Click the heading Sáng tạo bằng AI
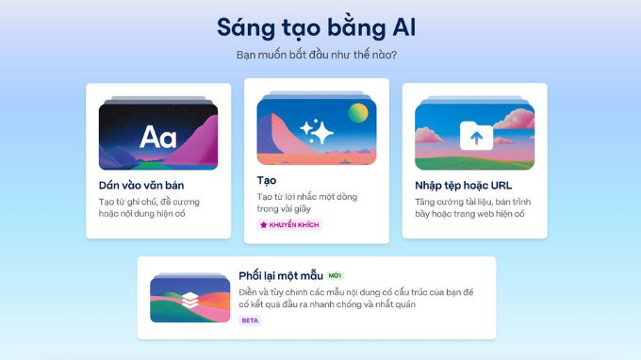pyautogui.click(x=316, y=26)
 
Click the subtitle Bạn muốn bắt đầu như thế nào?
pyautogui.click(x=316, y=55)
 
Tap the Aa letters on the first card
pyautogui.click(x=158, y=138)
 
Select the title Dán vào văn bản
pyautogui.click(x=142, y=185)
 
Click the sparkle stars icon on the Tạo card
pyautogui.click(x=317, y=132)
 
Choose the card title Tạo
pyautogui.click(x=267, y=179)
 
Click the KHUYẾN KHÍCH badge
pyautogui.click(x=289, y=225)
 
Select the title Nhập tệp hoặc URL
pyautogui.click(x=463, y=185)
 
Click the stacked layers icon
pyautogui.click(x=189, y=300)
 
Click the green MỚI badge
pyautogui.click(x=336, y=276)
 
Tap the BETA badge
pyautogui.click(x=250, y=320)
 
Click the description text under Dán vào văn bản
pyautogui.click(x=149, y=207)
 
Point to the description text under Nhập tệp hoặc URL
pyautogui.click(x=469, y=207)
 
